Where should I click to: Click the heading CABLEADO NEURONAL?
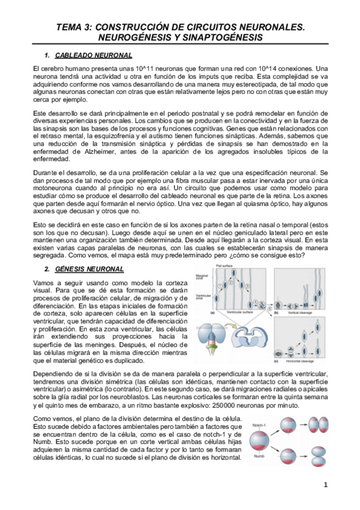[x=97, y=56]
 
